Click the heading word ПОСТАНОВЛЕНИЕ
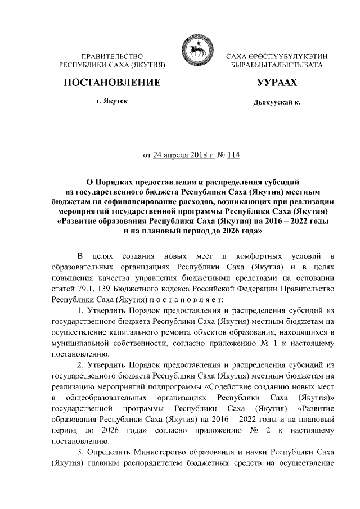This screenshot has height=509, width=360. [112, 83]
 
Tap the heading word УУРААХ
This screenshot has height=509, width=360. [276, 83]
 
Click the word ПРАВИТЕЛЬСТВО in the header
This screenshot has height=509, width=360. [112, 57]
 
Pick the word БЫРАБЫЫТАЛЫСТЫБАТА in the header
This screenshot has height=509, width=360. [276, 66]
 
